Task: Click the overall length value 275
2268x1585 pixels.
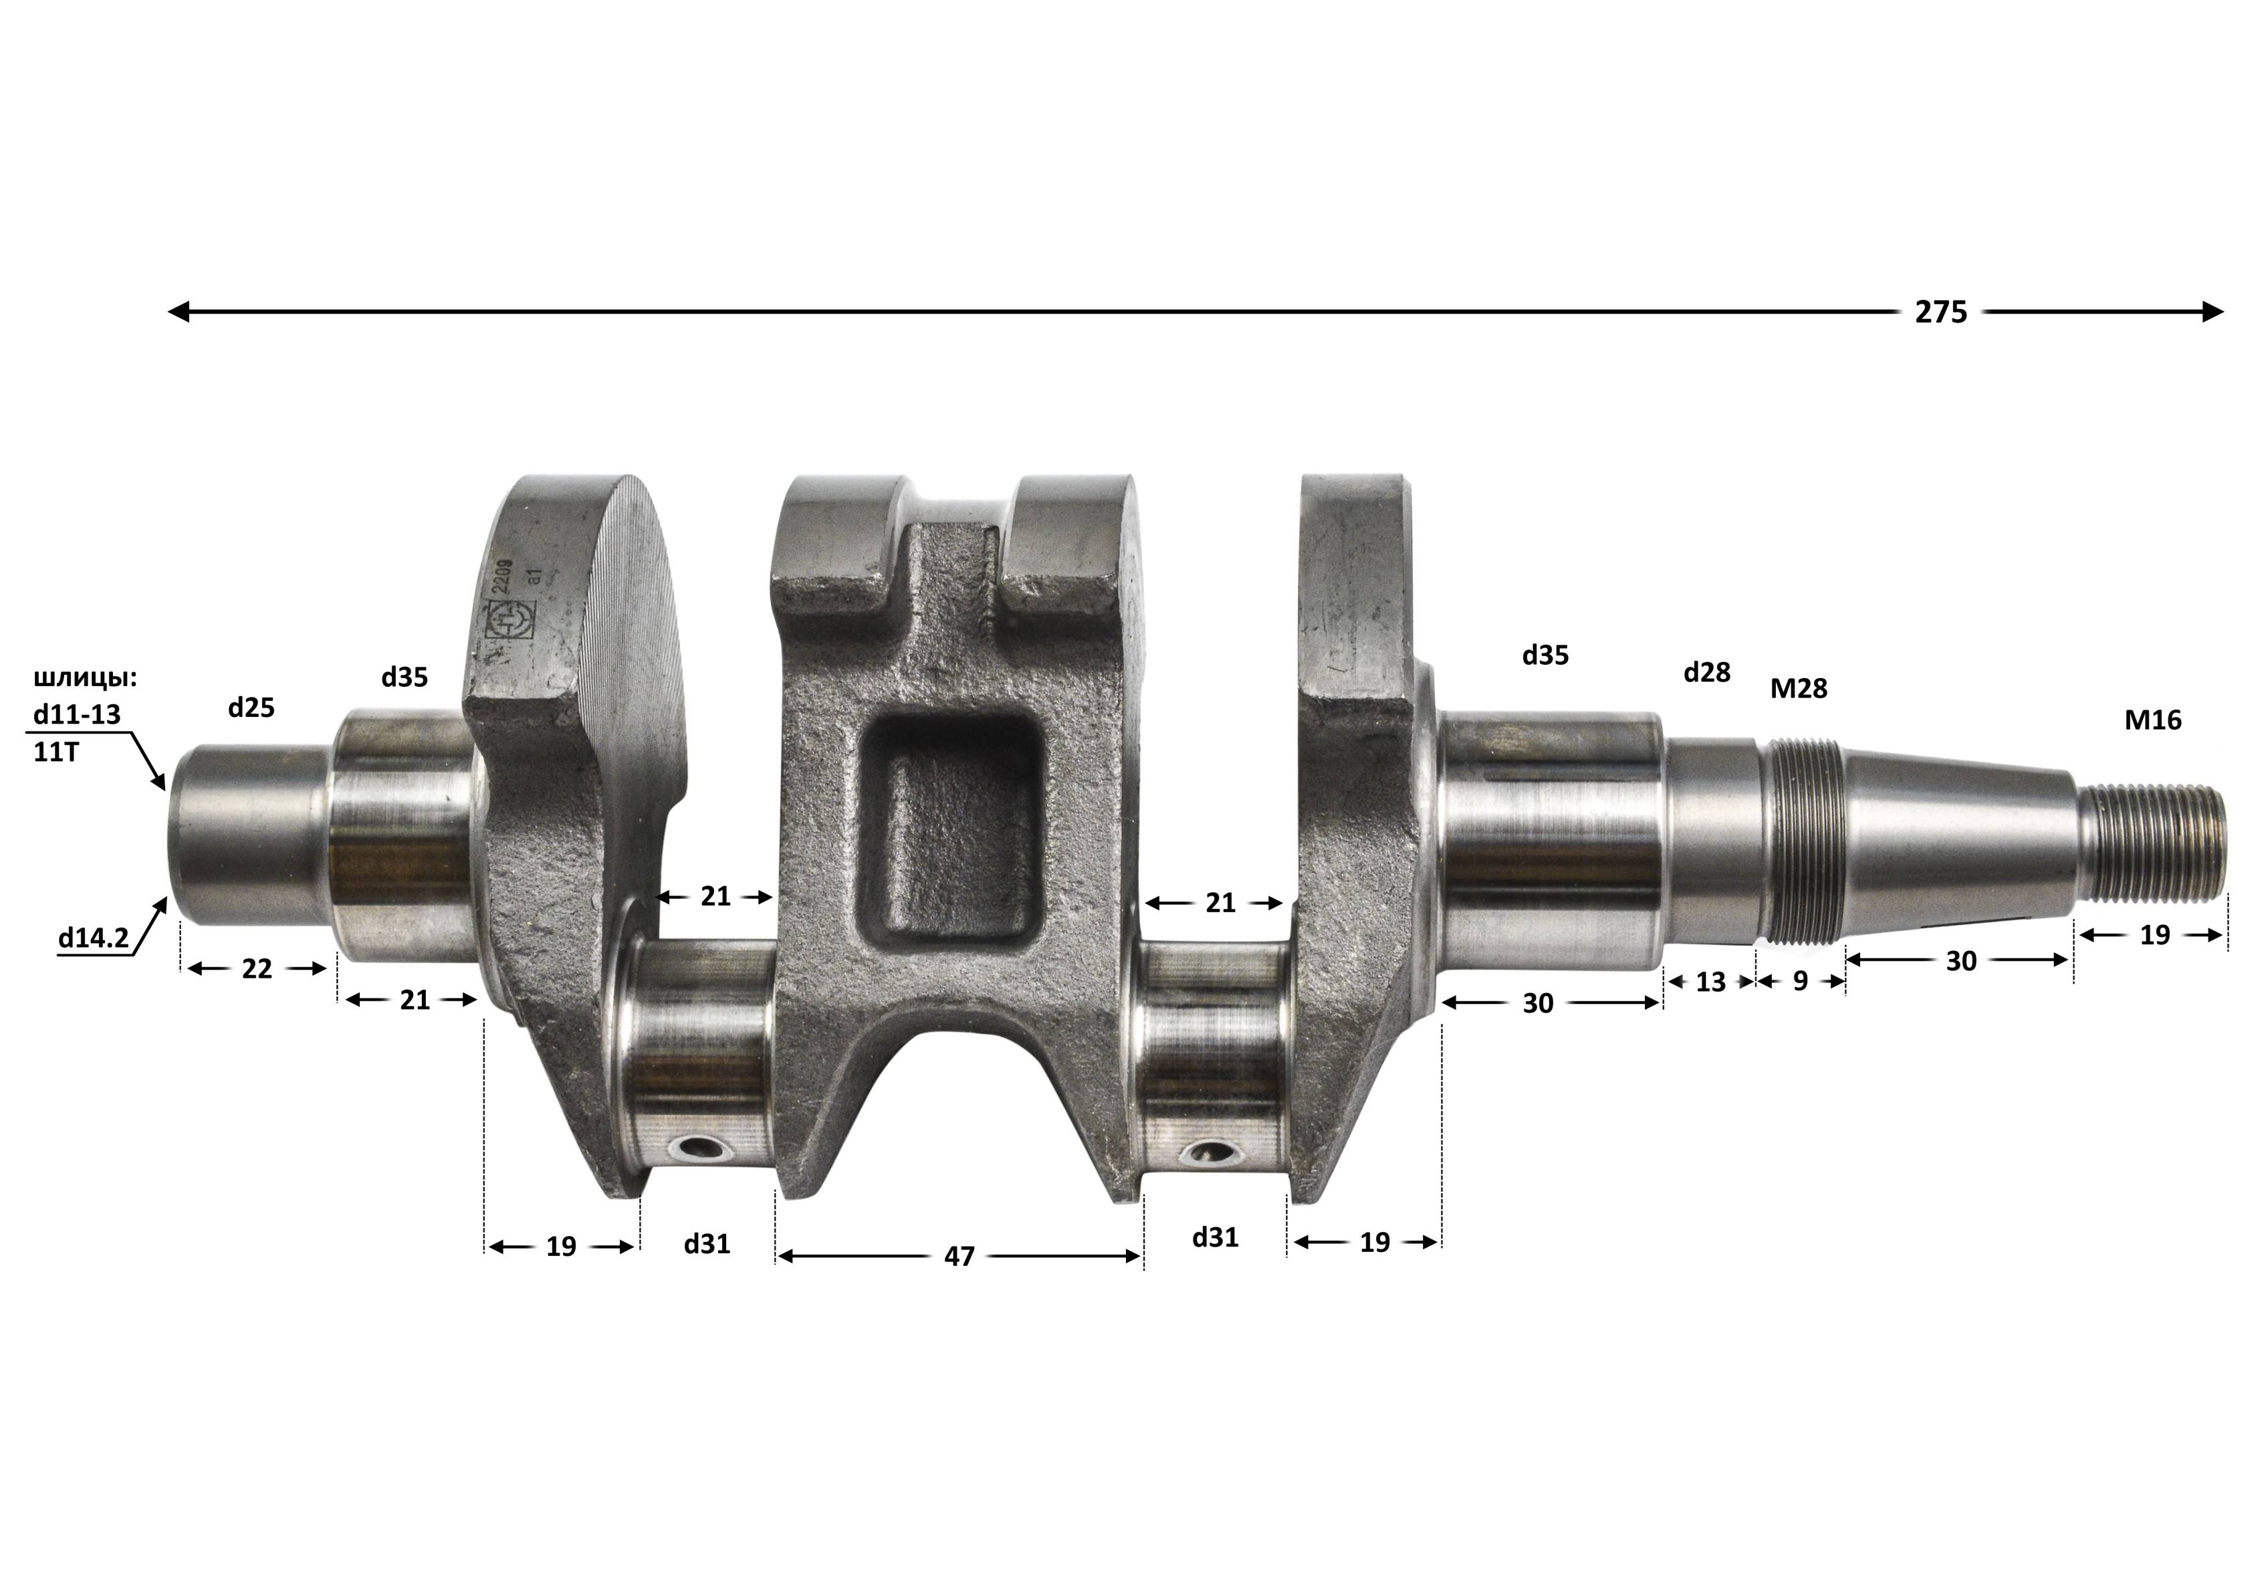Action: point(1941,312)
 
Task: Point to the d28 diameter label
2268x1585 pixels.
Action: point(1707,672)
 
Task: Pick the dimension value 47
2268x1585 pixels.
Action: point(959,1256)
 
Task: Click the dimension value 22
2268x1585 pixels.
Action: point(257,969)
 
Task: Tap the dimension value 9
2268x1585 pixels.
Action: point(1800,980)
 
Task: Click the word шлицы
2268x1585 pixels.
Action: point(85,679)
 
